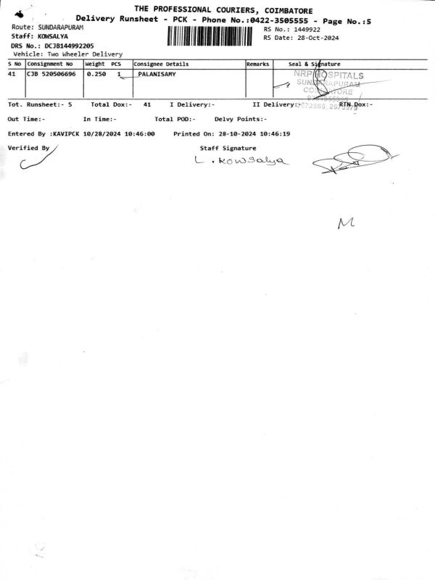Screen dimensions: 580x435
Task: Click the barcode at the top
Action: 213,36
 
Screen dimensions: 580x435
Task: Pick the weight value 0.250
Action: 96,74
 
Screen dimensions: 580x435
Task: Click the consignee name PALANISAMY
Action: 157,74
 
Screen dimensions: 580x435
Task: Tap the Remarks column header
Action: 258,65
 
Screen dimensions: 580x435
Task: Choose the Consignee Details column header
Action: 161,65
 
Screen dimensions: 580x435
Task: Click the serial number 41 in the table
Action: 12,74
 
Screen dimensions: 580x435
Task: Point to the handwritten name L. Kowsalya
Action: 241,161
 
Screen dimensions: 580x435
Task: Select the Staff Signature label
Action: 228,148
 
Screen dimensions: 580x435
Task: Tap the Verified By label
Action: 28,147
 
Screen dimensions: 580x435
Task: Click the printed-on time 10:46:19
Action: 275,134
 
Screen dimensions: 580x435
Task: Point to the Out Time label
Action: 26,119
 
